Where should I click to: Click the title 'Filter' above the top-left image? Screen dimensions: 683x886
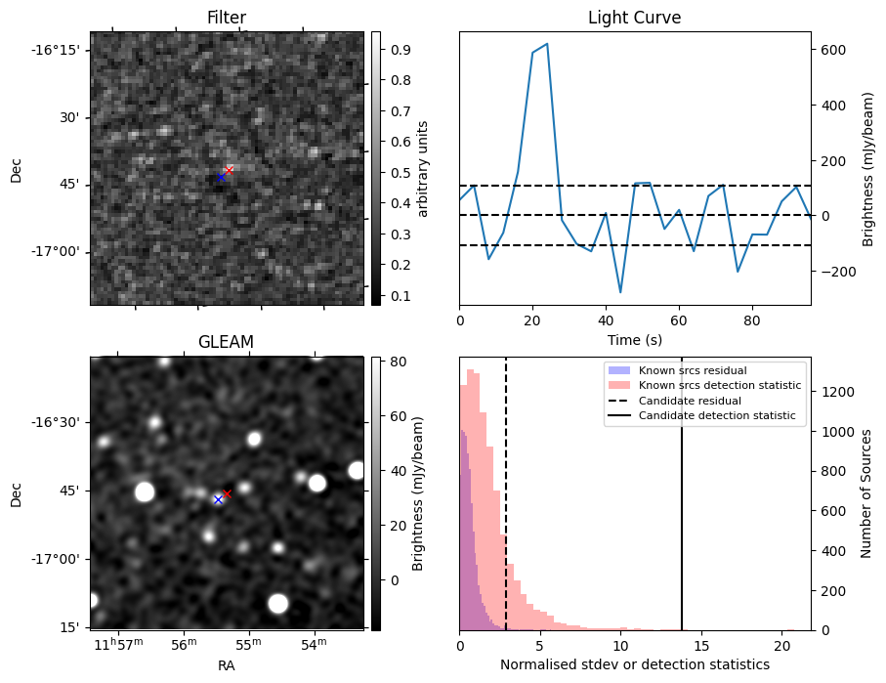[x=227, y=18]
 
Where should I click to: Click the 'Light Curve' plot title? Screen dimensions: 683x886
[x=634, y=18]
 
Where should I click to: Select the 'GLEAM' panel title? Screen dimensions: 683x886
[x=227, y=341]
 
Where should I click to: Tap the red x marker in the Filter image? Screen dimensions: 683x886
[x=230, y=170]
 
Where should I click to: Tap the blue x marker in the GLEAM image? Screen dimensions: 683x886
[x=218, y=499]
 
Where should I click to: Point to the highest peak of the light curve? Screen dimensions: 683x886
[x=547, y=44]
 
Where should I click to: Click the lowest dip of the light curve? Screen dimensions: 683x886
[x=620, y=291]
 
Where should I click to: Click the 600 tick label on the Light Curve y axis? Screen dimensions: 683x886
[x=831, y=49]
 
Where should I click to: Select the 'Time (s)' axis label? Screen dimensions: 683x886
[x=634, y=339]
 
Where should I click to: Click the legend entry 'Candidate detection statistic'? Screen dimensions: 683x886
[x=716, y=416]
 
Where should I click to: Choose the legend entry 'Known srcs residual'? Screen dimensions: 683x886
[x=692, y=371]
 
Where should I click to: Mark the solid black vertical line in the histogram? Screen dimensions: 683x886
[x=682, y=508]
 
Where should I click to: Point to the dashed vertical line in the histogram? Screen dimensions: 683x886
[x=506, y=508]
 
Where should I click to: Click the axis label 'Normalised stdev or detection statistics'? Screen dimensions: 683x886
[x=634, y=664]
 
